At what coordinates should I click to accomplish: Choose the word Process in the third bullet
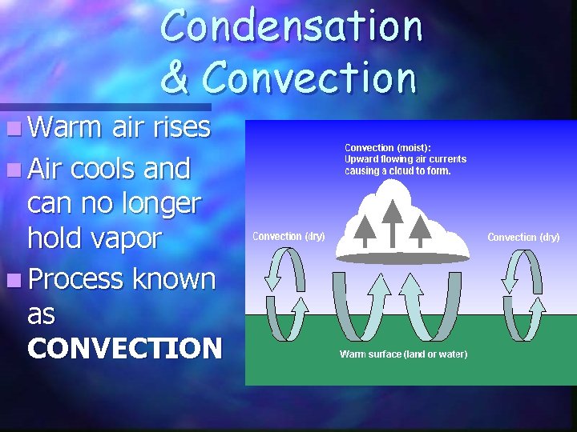pos(75,279)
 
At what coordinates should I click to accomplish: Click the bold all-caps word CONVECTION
pos(124,348)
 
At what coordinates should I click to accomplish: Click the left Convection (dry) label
pos(288,236)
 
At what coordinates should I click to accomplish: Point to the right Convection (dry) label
pos(523,238)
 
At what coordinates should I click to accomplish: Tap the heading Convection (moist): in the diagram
pos(387,147)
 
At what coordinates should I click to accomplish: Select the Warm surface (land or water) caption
pos(403,354)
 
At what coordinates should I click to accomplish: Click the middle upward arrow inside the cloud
pos(392,221)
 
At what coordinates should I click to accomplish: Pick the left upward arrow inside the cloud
pos(365,230)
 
